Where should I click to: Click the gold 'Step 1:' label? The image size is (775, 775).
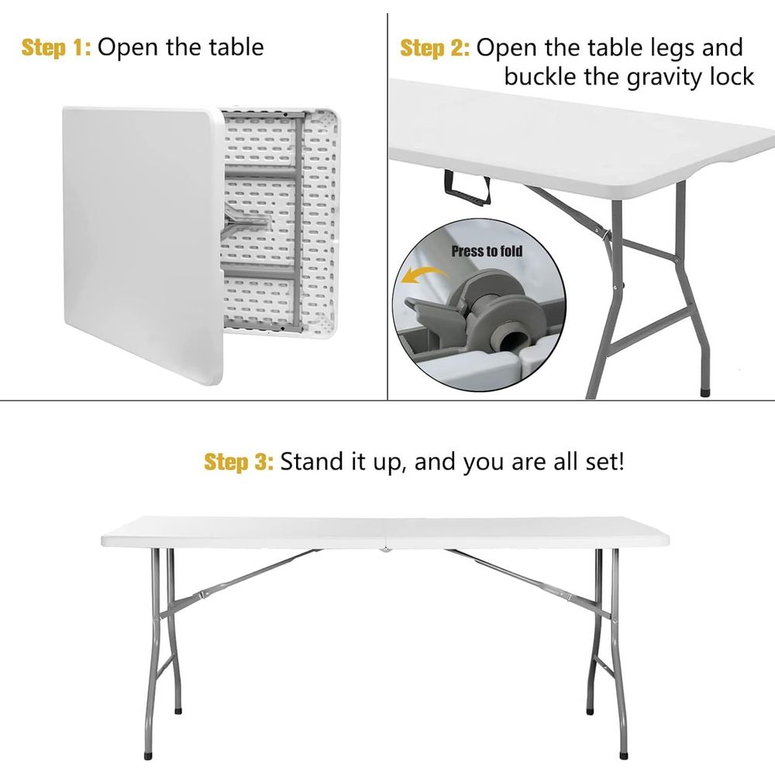pyautogui.click(x=57, y=48)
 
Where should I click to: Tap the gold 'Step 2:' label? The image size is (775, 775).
pyautogui.click(x=435, y=48)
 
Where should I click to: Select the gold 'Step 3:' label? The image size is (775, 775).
pyautogui.click(x=239, y=462)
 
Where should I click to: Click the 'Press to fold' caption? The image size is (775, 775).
pyautogui.click(x=487, y=251)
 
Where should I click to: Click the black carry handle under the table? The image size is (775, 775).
pyautogui.click(x=467, y=188)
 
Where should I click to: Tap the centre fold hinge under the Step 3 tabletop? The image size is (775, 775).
pyautogui.click(x=384, y=549)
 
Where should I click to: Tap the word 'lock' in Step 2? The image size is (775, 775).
pyautogui.click(x=732, y=76)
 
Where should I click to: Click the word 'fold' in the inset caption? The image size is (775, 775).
pyautogui.click(x=511, y=251)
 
